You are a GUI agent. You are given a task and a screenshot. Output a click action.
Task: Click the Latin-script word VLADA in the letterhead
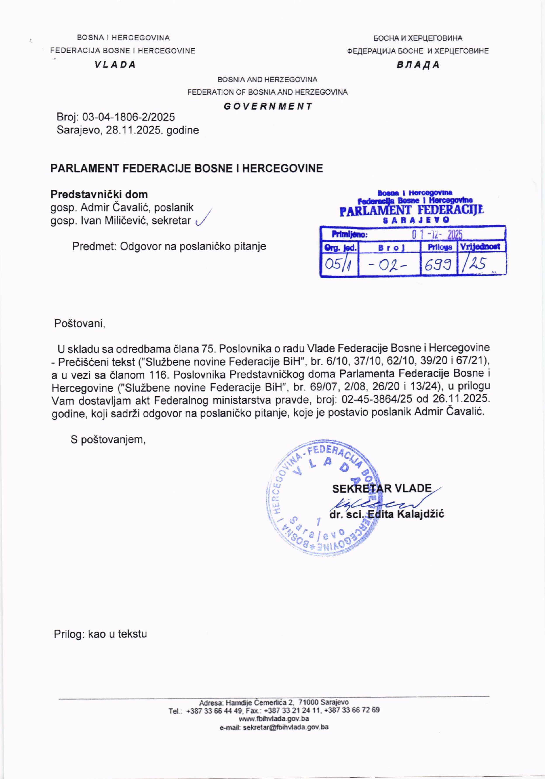coord(115,65)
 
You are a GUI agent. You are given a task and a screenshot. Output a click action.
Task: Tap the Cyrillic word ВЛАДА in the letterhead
coord(418,65)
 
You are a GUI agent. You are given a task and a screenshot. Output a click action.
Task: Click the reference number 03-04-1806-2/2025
coord(129,117)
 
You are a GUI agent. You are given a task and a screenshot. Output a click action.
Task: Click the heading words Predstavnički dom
coord(99,194)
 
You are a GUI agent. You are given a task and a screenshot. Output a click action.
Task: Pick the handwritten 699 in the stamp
coord(438,264)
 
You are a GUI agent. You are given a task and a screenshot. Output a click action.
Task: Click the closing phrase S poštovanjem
coord(108,440)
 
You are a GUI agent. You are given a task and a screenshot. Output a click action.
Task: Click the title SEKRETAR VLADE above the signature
coord(381,489)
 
